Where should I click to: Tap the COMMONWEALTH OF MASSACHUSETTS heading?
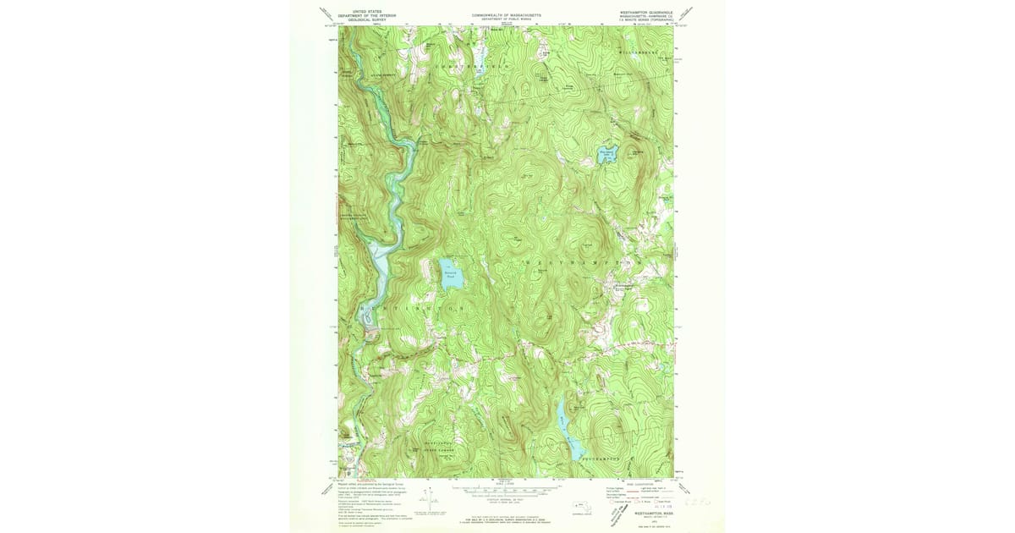(506, 13)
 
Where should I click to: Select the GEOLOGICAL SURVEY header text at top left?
(366, 19)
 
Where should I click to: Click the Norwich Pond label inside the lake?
(450, 273)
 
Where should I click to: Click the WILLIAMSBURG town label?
(640, 52)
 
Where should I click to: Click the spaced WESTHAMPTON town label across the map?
(575, 264)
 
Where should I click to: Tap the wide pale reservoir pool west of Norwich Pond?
(378, 271)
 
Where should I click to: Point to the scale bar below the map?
(505, 489)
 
